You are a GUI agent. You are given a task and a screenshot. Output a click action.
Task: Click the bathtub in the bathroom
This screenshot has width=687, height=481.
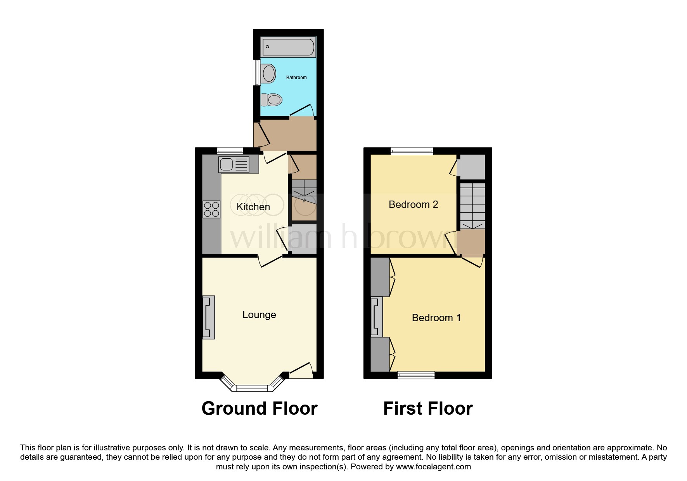tap(288, 47)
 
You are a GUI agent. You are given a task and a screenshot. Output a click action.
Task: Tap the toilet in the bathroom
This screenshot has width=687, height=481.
tap(272, 100)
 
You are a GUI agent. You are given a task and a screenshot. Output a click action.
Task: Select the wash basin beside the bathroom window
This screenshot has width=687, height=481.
tap(269, 73)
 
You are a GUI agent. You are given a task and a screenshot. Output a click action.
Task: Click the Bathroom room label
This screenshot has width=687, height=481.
tap(296, 78)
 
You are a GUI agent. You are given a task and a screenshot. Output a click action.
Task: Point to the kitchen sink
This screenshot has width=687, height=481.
tap(234, 164)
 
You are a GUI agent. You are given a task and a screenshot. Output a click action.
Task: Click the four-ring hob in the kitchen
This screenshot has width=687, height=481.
tap(211, 209)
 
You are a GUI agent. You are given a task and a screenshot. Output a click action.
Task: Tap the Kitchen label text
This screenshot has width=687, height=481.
tap(253, 207)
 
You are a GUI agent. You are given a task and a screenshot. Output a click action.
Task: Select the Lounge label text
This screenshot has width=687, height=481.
tap(259, 315)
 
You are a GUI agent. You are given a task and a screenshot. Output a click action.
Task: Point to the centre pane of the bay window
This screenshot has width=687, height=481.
tap(252, 388)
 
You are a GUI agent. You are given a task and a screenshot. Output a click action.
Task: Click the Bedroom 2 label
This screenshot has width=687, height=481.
tap(414, 204)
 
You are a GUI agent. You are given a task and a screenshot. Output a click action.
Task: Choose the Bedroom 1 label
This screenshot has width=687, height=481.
tap(436, 318)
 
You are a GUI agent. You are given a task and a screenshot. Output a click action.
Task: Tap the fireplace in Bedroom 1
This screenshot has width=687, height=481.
tap(377, 316)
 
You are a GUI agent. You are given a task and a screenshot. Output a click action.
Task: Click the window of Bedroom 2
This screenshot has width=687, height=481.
tap(412, 151)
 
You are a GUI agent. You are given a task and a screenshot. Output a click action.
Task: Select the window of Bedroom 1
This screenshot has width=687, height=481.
tap(416, 375)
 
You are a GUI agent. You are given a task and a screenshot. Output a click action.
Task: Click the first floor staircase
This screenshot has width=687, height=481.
tap(472, 206)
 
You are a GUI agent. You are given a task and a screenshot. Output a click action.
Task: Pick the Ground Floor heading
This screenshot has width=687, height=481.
tap(260, 408)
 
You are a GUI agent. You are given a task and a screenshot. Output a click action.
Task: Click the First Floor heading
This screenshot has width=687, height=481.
tap(428, 408)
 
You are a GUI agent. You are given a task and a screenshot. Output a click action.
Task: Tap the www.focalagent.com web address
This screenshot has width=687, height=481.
tap(433, 467)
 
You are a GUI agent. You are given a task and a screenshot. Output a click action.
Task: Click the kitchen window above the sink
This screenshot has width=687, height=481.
tap(230, 151)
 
